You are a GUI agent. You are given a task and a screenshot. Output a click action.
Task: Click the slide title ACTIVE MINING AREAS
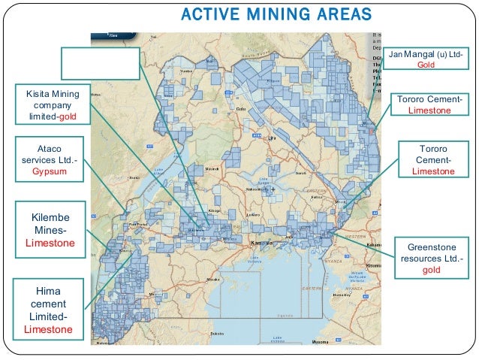pos(277,14)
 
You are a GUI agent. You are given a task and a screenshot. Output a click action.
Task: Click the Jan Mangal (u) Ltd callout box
pos(426,60)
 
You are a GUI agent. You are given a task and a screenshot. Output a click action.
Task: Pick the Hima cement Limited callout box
pos(48,309)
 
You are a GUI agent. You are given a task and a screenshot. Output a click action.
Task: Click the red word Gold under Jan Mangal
pos(426,66)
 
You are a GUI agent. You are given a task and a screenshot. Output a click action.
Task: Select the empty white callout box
pos(101,62)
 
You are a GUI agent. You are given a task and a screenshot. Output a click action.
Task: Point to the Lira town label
pos(273,139)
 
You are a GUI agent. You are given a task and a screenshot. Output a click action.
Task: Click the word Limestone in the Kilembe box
pos(50,244)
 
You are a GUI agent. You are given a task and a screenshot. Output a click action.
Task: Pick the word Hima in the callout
pos(48,290)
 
